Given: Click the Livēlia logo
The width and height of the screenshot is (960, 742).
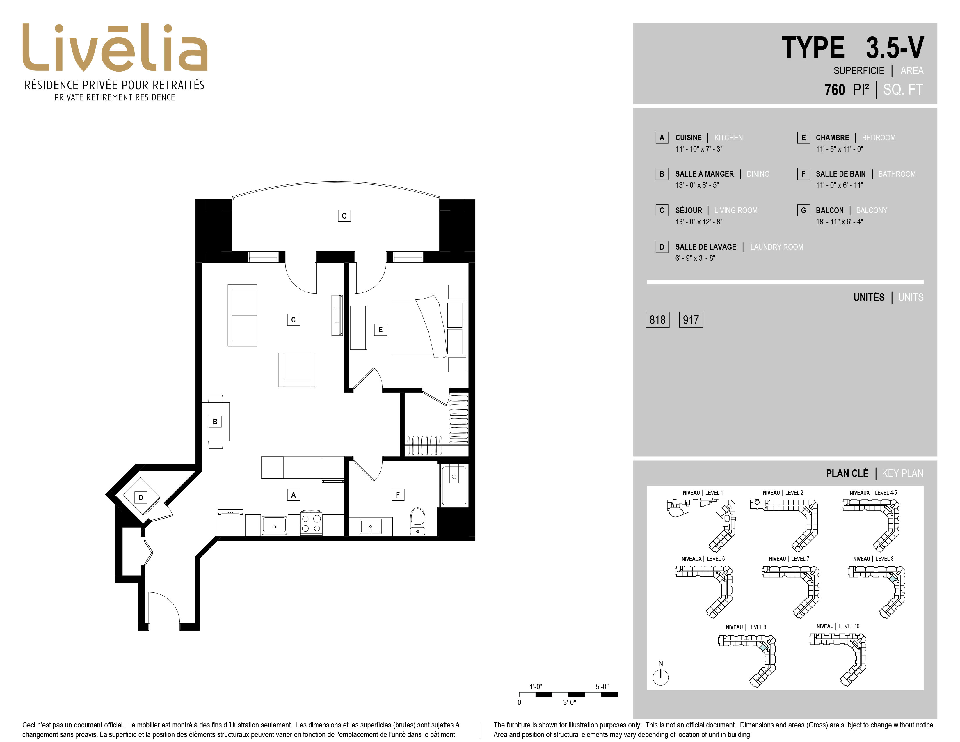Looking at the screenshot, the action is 115,48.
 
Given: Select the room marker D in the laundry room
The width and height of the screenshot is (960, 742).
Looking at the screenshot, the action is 141,498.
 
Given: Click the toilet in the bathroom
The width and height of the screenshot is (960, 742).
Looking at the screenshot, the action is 417,521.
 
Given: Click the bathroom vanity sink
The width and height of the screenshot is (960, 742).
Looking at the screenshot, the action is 371,526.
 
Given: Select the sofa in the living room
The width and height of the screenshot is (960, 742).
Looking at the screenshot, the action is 242,315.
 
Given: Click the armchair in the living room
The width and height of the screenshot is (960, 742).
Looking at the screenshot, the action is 297,370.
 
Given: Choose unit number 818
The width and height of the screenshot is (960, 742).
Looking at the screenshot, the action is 657,319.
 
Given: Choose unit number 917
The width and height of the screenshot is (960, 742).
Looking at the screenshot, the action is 691,319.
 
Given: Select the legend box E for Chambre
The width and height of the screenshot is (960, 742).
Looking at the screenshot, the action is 803,138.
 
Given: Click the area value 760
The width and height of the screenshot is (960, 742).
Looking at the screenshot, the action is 835,90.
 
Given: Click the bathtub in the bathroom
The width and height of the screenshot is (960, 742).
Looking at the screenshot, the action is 454,485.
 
